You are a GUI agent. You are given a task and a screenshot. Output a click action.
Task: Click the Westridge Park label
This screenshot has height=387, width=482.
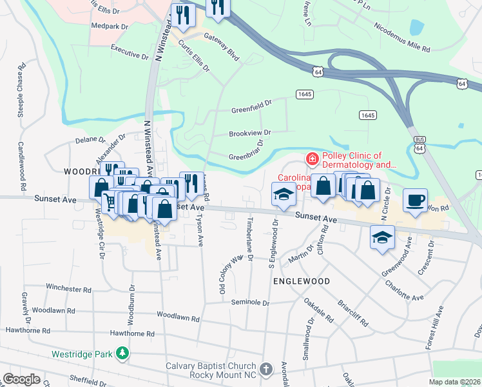[x=82, y=354]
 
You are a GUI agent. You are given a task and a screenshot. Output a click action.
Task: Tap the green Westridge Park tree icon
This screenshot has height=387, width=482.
[x=122, y=353]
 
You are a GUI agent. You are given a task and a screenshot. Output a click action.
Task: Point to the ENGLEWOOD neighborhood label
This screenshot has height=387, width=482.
[x=302, y=281]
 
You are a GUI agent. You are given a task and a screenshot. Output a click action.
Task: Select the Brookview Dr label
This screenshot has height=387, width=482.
[x=250, y=133]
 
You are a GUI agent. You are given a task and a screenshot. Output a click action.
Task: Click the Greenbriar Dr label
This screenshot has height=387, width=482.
[x=247, y=156]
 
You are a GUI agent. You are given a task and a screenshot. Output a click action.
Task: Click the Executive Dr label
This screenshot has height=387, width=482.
[x=129, y=51]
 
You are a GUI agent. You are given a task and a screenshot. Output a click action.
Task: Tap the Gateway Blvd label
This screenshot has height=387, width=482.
[x=222, y=48]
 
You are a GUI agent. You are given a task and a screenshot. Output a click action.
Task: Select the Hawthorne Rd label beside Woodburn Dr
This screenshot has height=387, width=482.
[x=132, y=334]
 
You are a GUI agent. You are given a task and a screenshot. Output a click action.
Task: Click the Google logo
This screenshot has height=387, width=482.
[x=22, y=379]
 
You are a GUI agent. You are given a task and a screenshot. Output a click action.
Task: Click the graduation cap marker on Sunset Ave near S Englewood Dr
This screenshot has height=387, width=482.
[x=282, y=196]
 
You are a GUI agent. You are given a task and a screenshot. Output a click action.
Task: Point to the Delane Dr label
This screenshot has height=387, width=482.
[x=90, y=139]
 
